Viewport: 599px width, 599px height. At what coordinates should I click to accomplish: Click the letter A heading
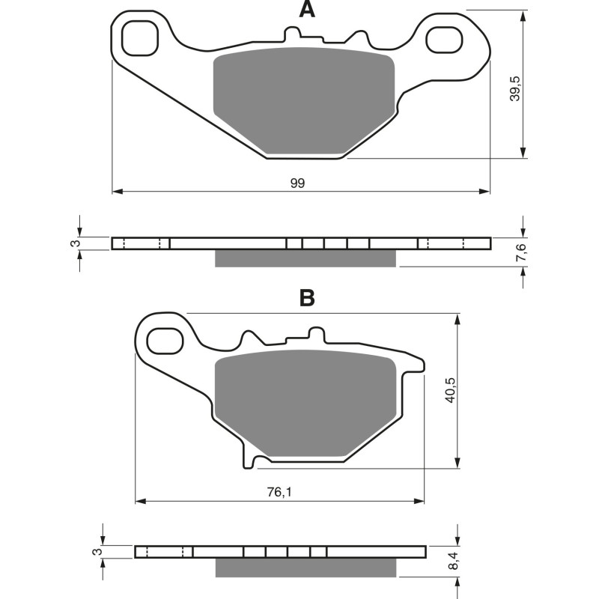coord(306,10)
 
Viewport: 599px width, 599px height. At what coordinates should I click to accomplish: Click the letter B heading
coord(307,298)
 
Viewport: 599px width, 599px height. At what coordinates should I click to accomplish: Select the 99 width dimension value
coord(298,183)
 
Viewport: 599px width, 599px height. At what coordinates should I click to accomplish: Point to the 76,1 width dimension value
coord(279,492)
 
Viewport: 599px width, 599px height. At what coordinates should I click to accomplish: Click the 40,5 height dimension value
coord(449,389)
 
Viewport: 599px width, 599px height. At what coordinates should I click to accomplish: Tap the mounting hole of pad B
coord(164,341)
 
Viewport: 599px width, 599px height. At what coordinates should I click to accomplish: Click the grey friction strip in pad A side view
coord(305,258)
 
